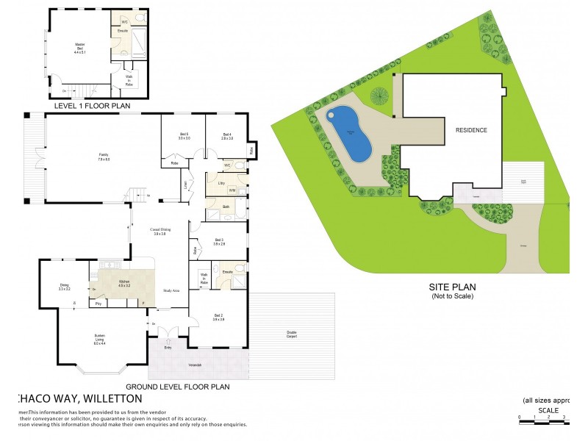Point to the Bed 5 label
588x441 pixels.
pyautogui.click(x=184, y=136)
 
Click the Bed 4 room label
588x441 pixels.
pyautogui.click(x=228, y=136)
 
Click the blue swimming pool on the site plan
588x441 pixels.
pyautogui.click(x=350, y=134)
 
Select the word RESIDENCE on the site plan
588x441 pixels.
pyautogui.click(x=471, y=130)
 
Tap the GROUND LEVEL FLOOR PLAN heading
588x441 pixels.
pyautogui.click(x=178, y=387)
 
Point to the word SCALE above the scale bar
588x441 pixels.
pyautogui.click(x=548, y=410)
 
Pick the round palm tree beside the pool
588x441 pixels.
pyautogui.click(x=379, y=96)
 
